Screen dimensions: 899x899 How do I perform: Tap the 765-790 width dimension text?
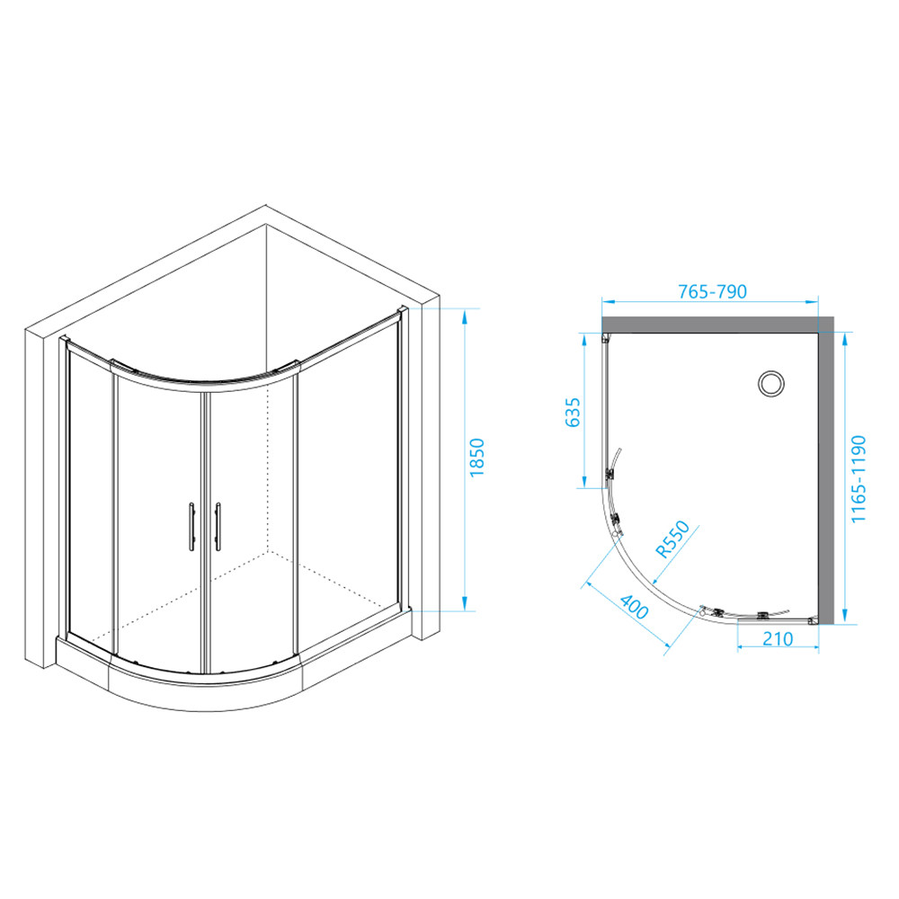(712, 292)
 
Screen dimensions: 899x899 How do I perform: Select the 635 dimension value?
(573, 413)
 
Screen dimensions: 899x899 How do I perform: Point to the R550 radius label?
(672, 539)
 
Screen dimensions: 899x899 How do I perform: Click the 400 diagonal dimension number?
(634, 607)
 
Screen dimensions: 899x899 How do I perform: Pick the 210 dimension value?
(778, 638)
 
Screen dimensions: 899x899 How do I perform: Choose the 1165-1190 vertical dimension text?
(858, 479)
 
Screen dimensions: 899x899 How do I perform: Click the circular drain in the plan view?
(771, 384)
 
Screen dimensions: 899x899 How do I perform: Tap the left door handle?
(191, 526)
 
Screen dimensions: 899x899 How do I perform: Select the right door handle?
(218, 526)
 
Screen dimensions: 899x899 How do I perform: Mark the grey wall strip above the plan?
(717, 325)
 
